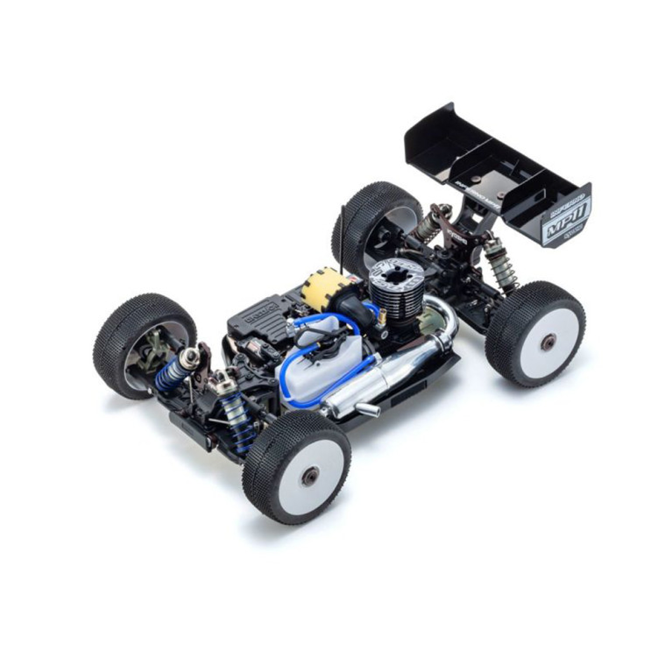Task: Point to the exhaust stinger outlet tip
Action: pos(367,411)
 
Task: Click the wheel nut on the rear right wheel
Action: pos(548,343)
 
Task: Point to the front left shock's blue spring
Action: pos(171,372)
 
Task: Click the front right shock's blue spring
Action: pos(236,413)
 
